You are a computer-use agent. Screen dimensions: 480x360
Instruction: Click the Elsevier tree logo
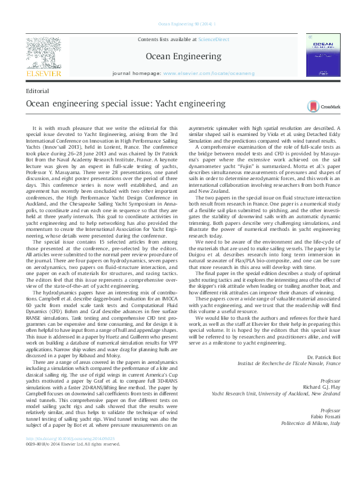click(44, 53)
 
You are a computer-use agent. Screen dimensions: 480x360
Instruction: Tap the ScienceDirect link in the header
click(214, 39)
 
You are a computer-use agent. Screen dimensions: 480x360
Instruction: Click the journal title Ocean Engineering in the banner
click(183, 56)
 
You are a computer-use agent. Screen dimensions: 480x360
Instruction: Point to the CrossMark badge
click(324, 106)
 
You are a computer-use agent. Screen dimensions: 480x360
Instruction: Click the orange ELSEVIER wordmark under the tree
click(43, 73)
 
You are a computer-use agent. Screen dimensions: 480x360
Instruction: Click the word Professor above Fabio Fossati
click(330, 409)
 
